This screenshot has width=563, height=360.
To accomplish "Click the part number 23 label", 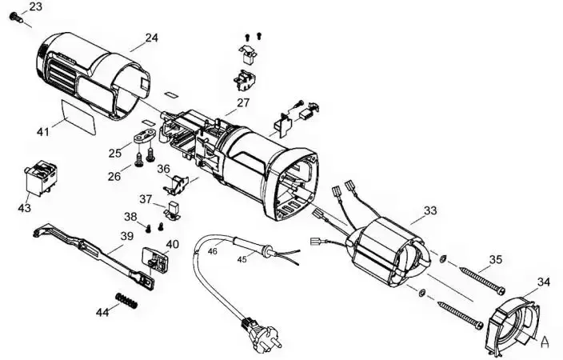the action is click(35, 6).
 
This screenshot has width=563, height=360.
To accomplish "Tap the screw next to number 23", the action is click(16, 17).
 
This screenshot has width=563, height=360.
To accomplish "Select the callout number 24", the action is click(151, 38).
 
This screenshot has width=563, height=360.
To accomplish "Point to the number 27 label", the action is click(243, 102).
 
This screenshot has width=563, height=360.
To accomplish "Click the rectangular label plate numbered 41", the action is click(78, 117).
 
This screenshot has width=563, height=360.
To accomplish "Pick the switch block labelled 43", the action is click(42, 178).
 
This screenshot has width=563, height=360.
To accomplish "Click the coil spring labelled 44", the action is click(126, 300).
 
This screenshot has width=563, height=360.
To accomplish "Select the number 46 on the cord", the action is click(213, 251).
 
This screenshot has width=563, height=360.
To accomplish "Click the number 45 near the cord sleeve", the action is click(242, 259).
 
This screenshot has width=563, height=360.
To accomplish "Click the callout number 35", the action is click(496, 259).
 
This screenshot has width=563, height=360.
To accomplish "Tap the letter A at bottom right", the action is click(545, 342).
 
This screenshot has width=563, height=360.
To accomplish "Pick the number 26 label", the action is click(114, 177).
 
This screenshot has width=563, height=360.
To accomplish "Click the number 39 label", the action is click(126, 236).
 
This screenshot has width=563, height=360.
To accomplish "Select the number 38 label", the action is click(130, 217).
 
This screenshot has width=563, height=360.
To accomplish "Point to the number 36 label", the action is click(163, 169).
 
